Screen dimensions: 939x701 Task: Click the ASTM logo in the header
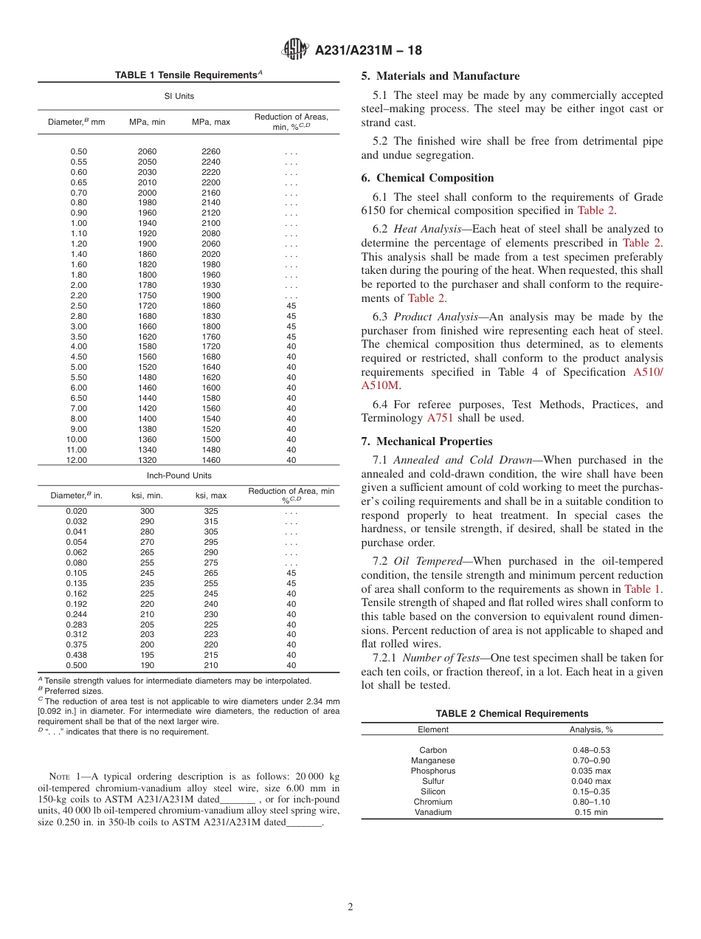click(295, 50)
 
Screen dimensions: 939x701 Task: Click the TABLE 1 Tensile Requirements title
click(188, 75)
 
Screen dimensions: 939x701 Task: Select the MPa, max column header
click(210, 122)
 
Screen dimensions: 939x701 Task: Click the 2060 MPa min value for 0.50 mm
click(147, 151)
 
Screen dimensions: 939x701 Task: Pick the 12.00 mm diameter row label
click(77, 460)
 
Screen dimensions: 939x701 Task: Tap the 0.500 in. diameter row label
click(77, 665)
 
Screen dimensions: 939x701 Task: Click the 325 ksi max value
click(210, 512)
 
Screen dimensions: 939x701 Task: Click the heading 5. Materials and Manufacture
click(440, 76)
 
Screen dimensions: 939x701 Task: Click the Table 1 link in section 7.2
click(643, 589)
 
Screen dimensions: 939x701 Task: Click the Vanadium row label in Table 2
click(433, 812)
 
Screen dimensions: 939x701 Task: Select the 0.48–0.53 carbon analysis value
click(591, 750)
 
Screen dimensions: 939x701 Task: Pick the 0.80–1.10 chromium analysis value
click(591, 802)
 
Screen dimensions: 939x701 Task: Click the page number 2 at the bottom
click(350, 907)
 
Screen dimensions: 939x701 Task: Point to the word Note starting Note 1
click(60, 777)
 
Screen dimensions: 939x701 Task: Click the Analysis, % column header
click(591, 729)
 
